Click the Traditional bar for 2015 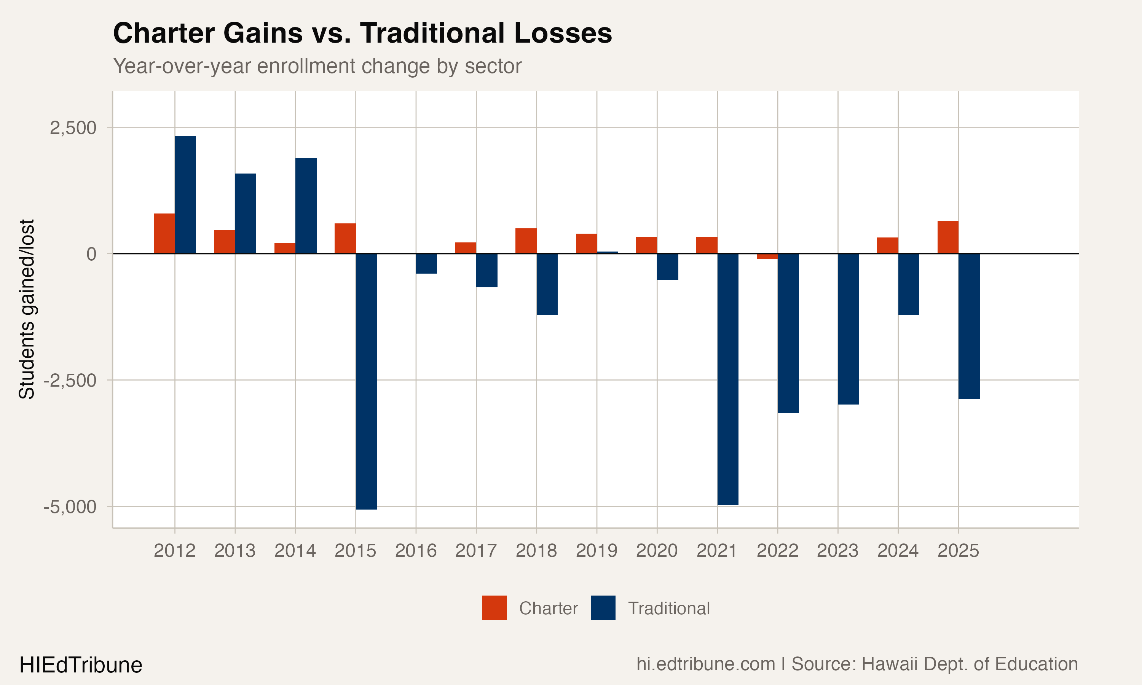point(366,381)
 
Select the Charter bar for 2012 point(164,234)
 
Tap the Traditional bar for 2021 point(727,379)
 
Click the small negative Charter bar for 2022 point(767,256)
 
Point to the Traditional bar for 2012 point(185,195)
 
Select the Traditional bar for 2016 point(426,264)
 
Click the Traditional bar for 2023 point(848,329)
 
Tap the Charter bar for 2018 point(526,241)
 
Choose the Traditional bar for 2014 point(306,206)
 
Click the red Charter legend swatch point(494,608)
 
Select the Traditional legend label point(668,609)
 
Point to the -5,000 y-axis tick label point(70,507)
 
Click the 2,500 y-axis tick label point(73,128)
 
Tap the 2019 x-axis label point(597,551)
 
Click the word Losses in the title point(563,33)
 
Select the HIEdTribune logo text point(81,665)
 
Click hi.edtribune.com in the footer point(705,664)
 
